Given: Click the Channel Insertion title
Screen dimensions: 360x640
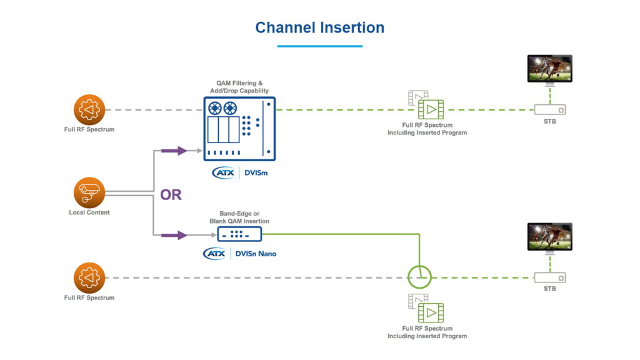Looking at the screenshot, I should coord(319,27).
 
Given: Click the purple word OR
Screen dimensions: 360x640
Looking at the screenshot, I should coord(171,195).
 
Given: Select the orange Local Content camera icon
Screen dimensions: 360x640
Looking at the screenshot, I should coord(89,192).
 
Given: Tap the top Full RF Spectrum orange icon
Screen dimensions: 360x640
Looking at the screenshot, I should coord(89,110).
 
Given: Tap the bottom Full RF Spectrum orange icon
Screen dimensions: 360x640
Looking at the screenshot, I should coord(89,277).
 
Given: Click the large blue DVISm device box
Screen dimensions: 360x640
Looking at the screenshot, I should coord(240,129).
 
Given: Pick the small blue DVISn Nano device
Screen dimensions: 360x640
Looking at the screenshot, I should coord(239,234).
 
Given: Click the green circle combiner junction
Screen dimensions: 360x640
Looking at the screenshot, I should coord(419,276).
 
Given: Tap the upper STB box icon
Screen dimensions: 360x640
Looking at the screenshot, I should coord(550,109).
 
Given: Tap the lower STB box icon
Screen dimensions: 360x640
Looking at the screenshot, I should coord(550,277).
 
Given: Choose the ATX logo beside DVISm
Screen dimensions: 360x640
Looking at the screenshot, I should coord(222,172).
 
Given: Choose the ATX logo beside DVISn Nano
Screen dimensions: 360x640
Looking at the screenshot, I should coord(214,253).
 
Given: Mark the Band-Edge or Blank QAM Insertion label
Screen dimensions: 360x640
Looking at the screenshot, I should coord(239,217).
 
